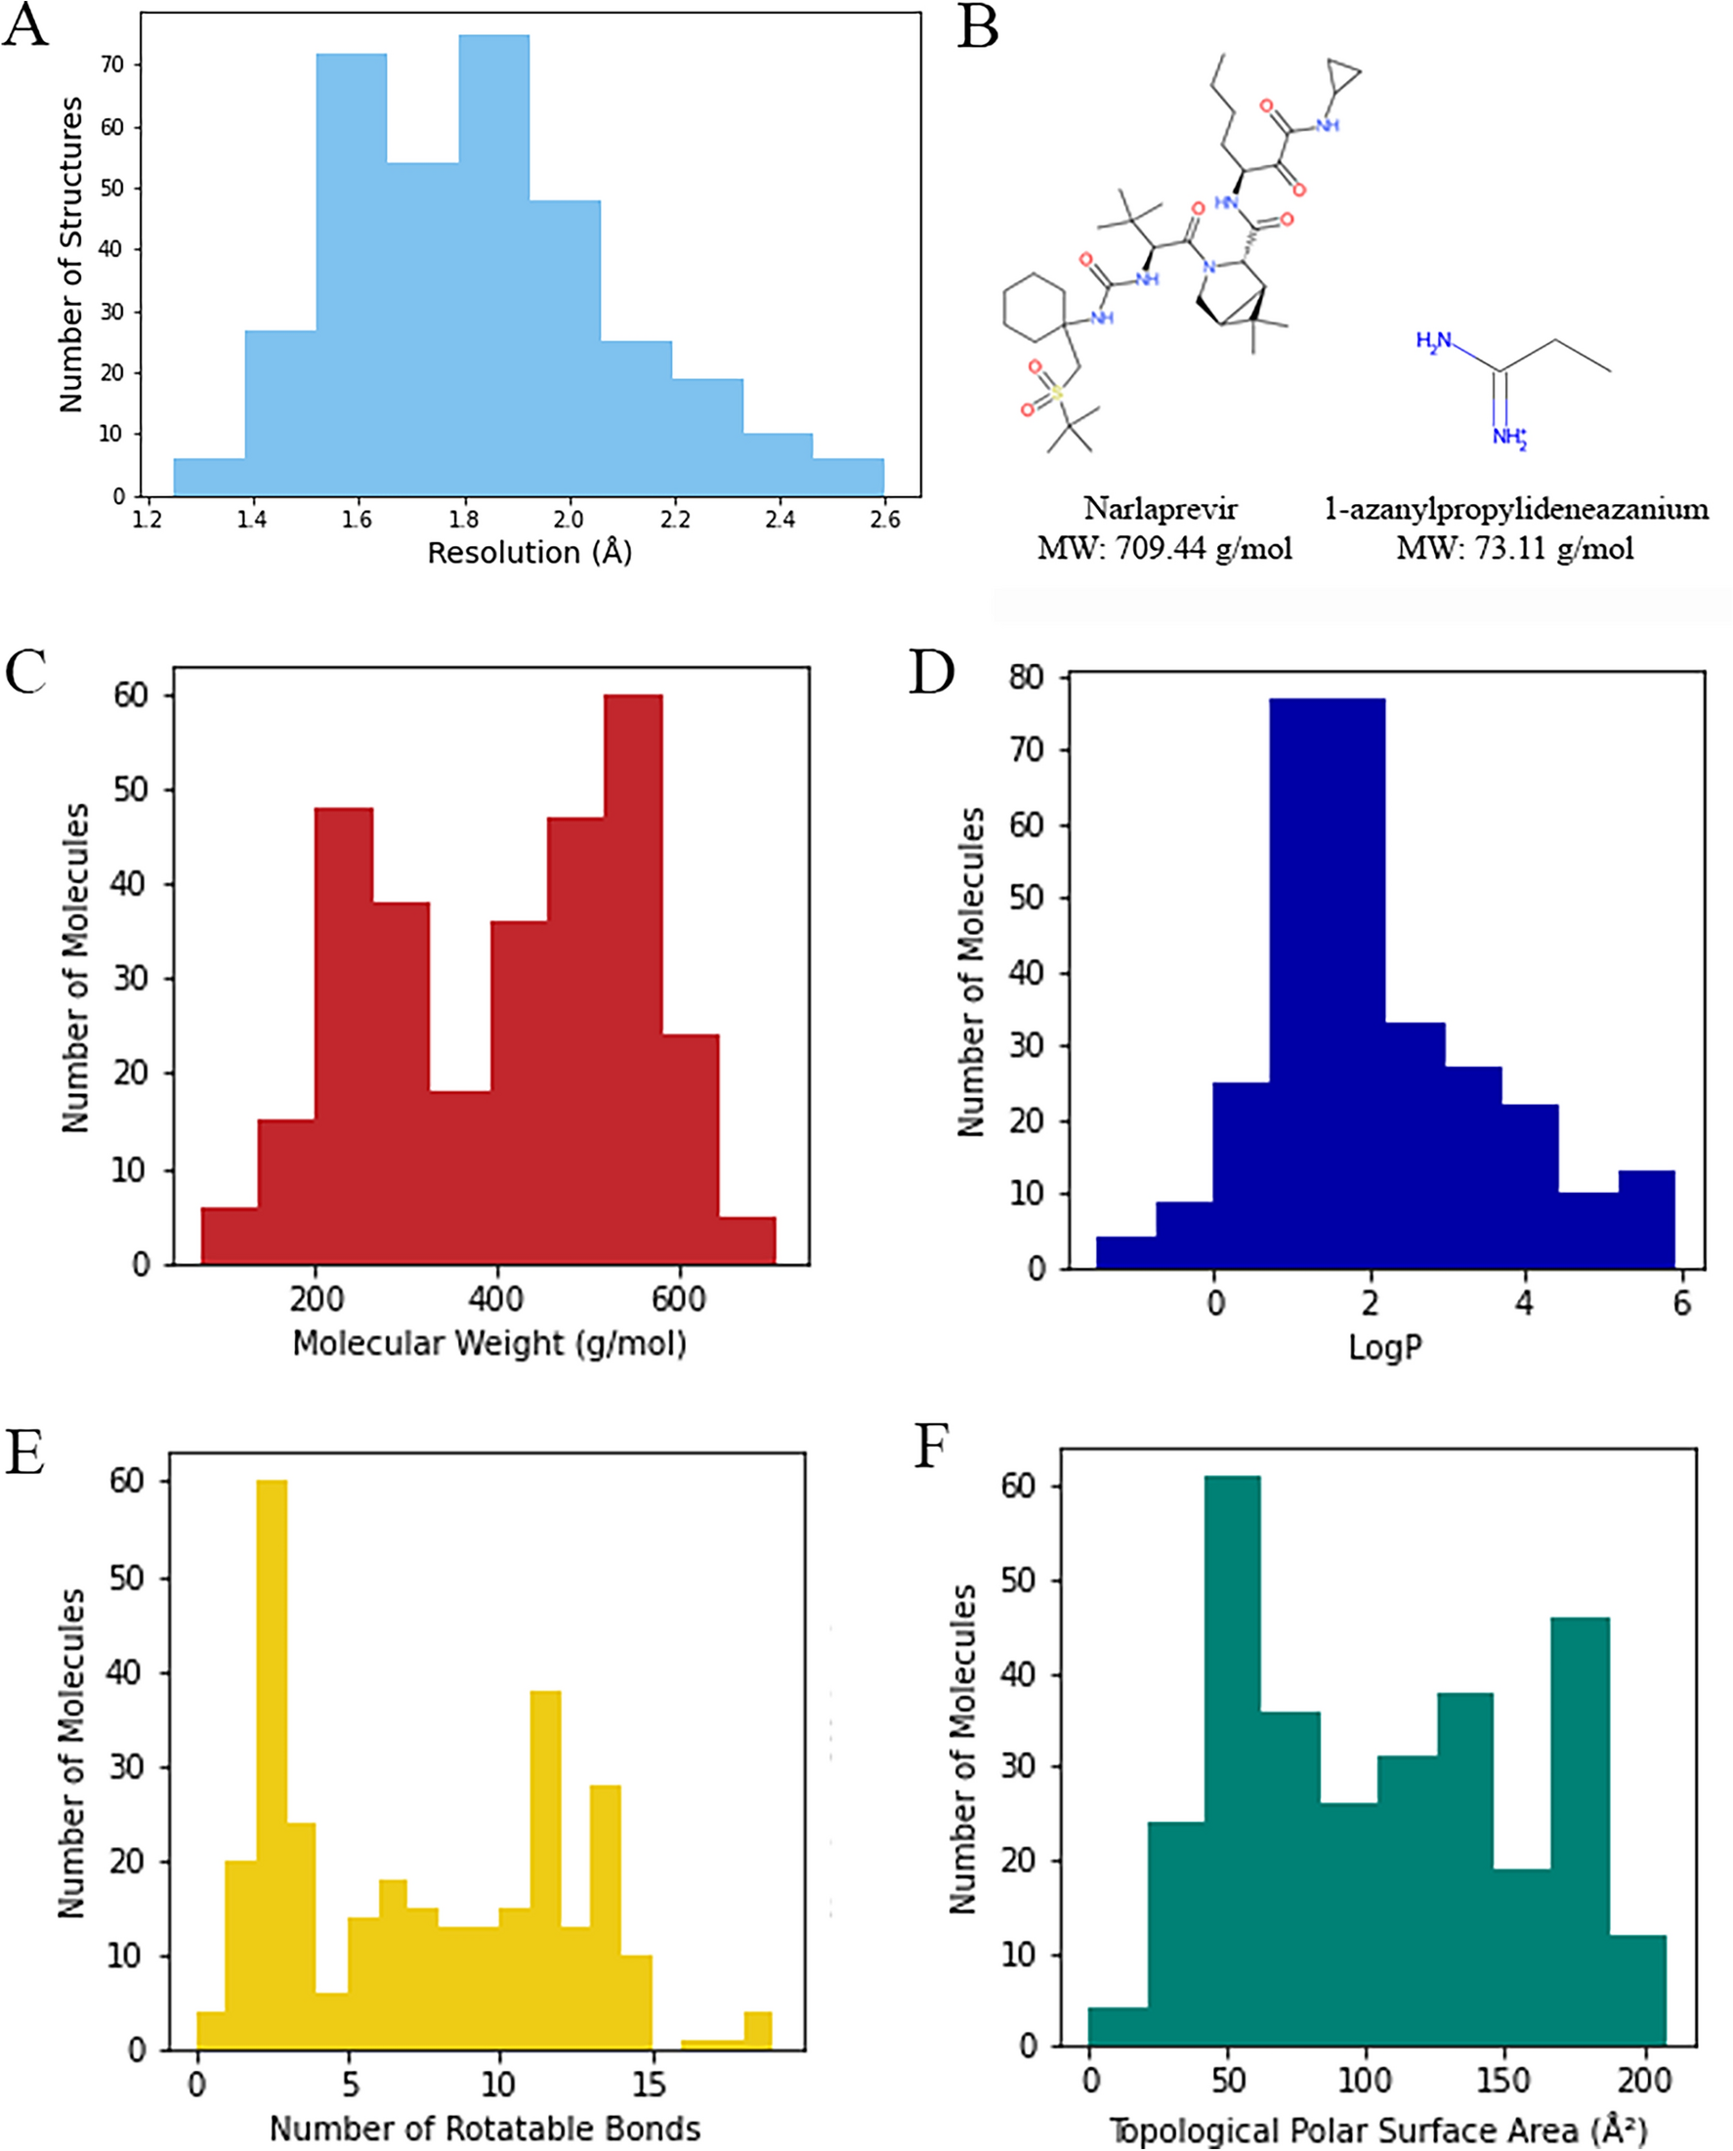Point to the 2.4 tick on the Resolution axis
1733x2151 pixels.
click(x=780, y=519)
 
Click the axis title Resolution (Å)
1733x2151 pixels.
click(x=529, y=552)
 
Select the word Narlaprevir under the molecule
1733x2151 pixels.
click(x=1160, y=509)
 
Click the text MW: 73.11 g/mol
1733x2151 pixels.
click(x=1514, y=548)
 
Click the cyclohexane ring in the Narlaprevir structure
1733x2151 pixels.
click(x=1035, y=308)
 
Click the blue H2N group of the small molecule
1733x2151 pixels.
click(x=1433, y=341)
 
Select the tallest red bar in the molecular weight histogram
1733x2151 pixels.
click(x=632, y=978)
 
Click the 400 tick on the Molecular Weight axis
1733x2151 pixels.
click(x=496, y=1298)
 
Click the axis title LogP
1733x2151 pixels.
click(x=1383, y=1347)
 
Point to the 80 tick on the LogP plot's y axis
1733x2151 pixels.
click(x=1027, y=678)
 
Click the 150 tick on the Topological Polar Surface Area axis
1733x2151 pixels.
click(x=1502, y=2082)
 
